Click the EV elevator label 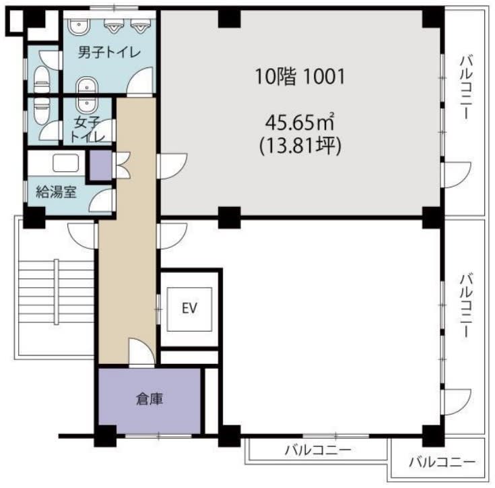pyautogui.click(x=189, y=308)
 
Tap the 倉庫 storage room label pyautogui.click(x=150, y=399)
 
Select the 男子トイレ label pyautogui.click(x=109, y=53)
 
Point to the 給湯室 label pyautogui.click(x=57, y=191)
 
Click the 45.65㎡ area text pyautogui.click(x=300, y=122)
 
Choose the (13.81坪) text pyautogui.click(x=300, y=146)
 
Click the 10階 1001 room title pyautogui.click(x=300, y=77)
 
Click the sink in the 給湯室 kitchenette pyautogui.click(x=66, y=163)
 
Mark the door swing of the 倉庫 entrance pyautogui.click(x=141, y=352)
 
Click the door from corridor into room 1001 pyautogui.click(x=172, y=166)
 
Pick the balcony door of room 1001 pyautogui.click(x=458, y=175)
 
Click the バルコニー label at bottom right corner pyautogui.click(x=442, y=463)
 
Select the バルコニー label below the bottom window pyautogui.click(x=318, y=450)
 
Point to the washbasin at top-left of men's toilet pyautogui.click(x=78, y=26)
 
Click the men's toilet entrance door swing pyautogui.click(x=139, y=81)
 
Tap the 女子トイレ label pyautogui.click(x=87, y=129)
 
